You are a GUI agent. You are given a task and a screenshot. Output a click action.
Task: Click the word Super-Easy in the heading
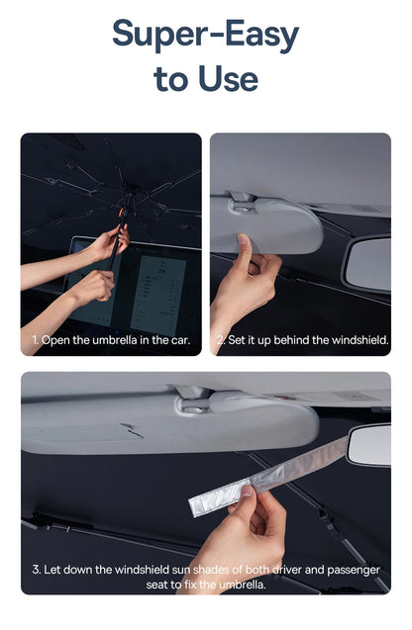(206, 35)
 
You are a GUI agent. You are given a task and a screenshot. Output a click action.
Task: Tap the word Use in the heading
(228, 78)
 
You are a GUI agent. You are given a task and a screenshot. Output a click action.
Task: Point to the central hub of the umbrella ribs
(131, 187)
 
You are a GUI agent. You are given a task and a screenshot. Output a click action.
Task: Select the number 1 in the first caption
(35, 340)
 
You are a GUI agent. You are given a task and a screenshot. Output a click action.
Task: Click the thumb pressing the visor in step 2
(245, 250)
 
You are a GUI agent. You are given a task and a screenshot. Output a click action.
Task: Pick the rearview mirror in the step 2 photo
(366, 264)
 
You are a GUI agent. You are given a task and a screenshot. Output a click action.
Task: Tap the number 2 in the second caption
(220, 340)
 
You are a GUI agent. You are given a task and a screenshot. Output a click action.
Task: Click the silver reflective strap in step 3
(267, 478)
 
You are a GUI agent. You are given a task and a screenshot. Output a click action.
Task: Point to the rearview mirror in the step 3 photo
(370, 445)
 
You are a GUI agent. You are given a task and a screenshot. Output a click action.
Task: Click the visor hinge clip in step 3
(193, 401)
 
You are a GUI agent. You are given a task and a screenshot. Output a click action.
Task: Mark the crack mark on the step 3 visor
(131, 430)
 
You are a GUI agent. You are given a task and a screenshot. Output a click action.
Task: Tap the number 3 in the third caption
(37, 570)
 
